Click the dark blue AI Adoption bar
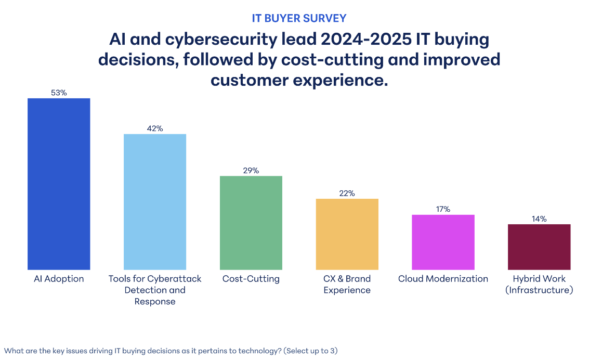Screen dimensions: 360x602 pyautogui.click(x=59, y=184)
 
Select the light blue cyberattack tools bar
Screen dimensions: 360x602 pyautogui.click(x=154, y=201)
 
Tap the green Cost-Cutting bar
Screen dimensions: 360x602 pyautogui.click(x=251, y=222)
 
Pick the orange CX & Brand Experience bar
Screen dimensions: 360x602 pyautogui.click(x=347, y=234)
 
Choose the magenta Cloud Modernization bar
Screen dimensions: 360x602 pyautogui.click(x=443, y=242)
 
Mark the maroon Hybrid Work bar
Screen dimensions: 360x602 pyautogui.click(x=539, y=247)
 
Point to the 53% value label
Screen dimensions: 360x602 pyautogui.click(x=59, y=93)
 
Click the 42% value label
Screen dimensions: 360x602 pyautogui.click(x=155, y=128)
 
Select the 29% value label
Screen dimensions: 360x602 pyautogui.click(x=251, y=170)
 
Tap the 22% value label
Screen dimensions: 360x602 pyautogui.click(x=347, y=193)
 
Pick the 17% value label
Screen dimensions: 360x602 pyautogui.click(x=443, y=209)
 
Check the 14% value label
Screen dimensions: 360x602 pyautogui.click(x=539, y=218)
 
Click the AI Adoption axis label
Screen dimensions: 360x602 pyautogui.click(x=59, y=279)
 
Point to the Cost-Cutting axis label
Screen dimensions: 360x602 pyautogui.click(x=251, y=279)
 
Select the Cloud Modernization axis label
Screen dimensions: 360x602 pyautogui.click(x=443, y=279)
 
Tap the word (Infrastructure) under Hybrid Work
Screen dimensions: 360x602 pyautogui.click(x=539, y=290)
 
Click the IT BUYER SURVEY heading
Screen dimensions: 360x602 pyautogui.click(x=299, y=18)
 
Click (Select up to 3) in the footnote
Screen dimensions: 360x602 pyautogui.click(x=310, y=351)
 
